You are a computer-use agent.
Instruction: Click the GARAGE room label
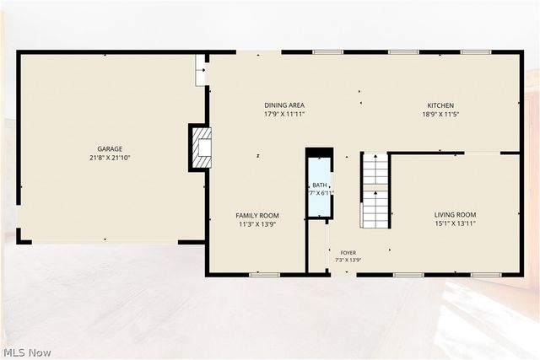110,148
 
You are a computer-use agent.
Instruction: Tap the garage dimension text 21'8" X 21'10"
110,158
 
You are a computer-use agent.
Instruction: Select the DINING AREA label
284,105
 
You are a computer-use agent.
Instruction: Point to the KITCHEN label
440,105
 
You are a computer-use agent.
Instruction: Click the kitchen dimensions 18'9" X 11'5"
440,115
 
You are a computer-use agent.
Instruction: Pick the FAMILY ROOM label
257,216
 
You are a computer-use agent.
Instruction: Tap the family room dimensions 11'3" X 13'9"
257,224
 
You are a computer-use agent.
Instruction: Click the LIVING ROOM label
455,215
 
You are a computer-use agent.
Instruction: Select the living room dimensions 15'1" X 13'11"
455,223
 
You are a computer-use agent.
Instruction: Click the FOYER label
348,253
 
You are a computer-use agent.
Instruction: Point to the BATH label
320,185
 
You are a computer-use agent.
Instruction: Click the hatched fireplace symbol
202,148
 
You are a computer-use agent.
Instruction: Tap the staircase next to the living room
375,191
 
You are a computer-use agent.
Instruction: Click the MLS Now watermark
27,352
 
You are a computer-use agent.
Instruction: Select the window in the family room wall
264,275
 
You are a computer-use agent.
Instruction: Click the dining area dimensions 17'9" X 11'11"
284,115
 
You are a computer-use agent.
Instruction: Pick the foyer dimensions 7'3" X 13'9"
348,261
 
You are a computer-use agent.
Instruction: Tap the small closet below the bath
317,246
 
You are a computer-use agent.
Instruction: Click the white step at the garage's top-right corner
200,70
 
